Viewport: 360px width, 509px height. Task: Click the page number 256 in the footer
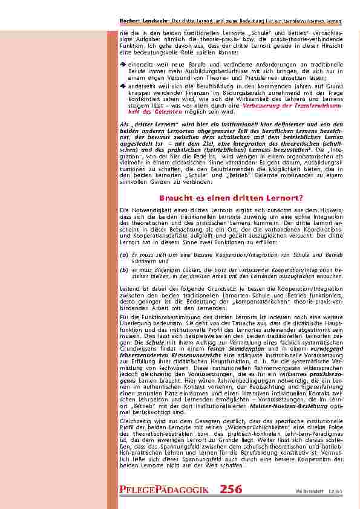click(x=231, y=489)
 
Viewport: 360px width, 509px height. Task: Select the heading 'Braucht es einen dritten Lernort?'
click(x=231, y=198)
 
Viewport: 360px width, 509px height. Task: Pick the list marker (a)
click(x=124, y=256)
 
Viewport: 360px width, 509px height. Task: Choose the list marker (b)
click(x=124, y=270)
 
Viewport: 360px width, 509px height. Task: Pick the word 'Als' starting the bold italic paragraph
click(x=124, y=123)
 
